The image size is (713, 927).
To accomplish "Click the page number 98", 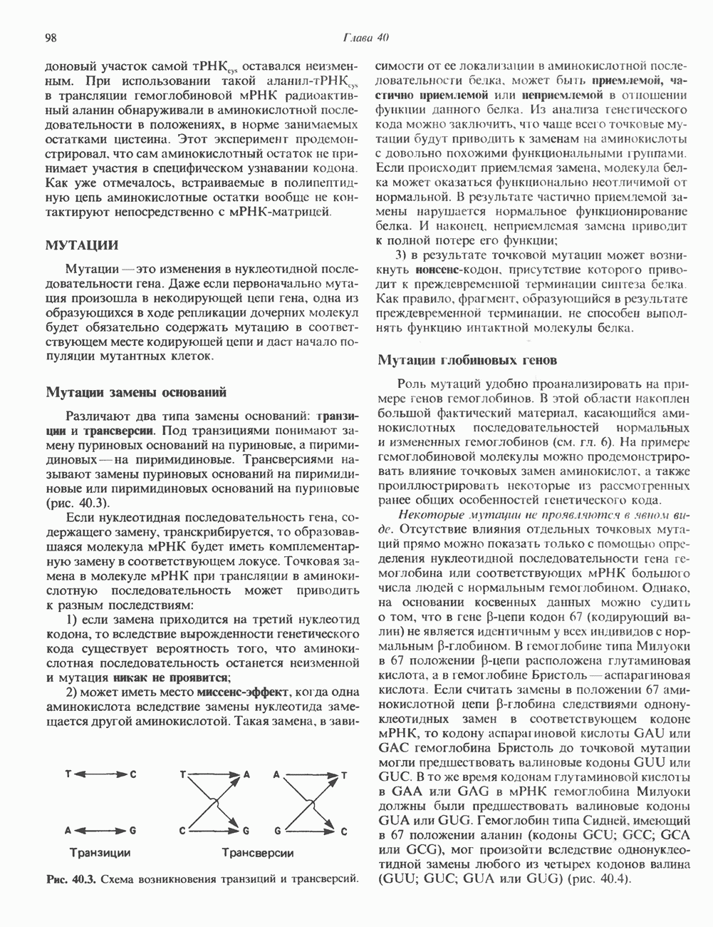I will [51, 38].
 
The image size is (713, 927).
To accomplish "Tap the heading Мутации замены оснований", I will [136, 392].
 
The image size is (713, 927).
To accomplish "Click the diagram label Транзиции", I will [100, 852].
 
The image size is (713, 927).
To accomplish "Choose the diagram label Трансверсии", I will [257, 853].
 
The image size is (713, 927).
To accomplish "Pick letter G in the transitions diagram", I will [132, 831].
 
